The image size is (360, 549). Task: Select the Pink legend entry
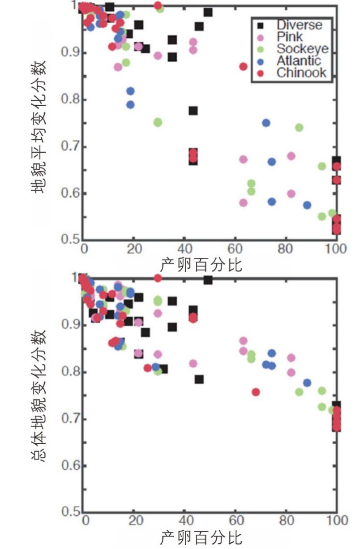pyautogui.click(x=289, y=37)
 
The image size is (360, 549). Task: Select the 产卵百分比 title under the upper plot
pyautogui.click(x=201, y=265)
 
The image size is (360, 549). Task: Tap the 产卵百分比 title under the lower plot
pyautogui.click(x=201, y=537)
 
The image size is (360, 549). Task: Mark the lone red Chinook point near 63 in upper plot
pyautogui.click(x=243, y=66)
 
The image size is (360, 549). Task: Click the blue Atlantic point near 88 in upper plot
pyautogui.click(x=307, y=205)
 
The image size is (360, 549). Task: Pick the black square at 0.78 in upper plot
pyautogui.click(x=193, y=111)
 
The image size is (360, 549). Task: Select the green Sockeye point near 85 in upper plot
pyautogui.click(x=299, y=128)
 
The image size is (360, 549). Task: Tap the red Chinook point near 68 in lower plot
pyautogui.click(x=256, y=392)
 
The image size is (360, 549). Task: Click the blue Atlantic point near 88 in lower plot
pyautogui.click(x=307, y=383)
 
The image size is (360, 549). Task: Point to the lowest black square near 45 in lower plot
pyautogui.click(x=199, y=379)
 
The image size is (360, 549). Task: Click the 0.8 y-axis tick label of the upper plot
pyautogui.click(x=70, y=100)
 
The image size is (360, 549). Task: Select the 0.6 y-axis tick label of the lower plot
pyautogui.click(x=70, y=466)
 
